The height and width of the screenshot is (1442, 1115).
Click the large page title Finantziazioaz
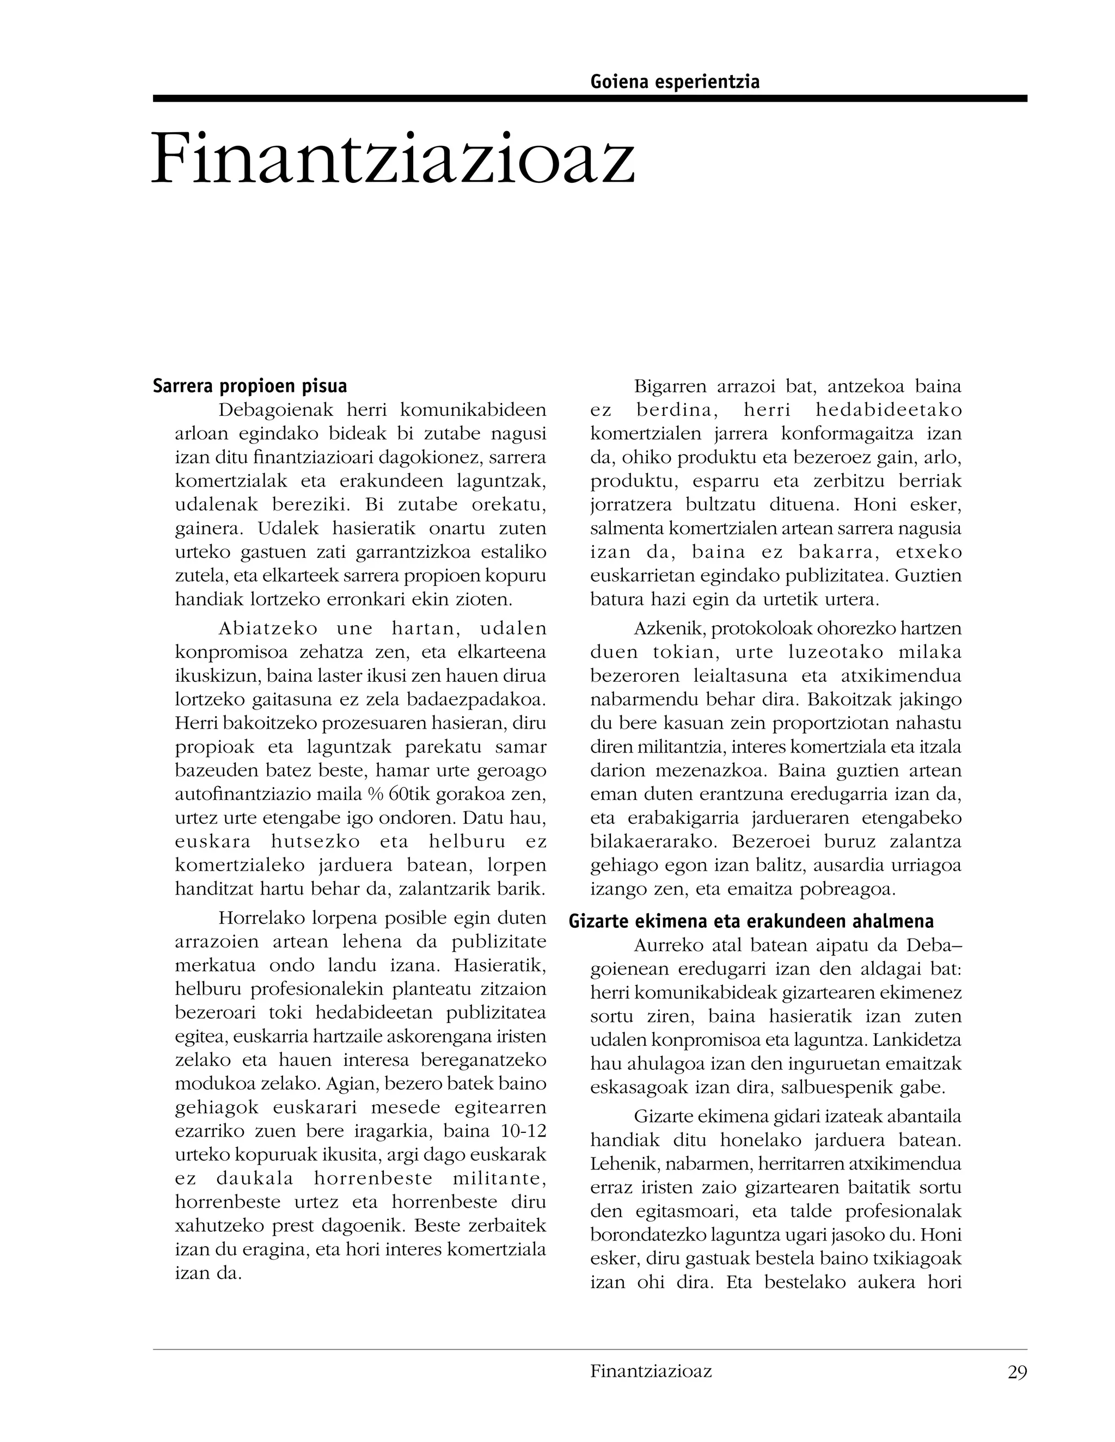coord(393,158)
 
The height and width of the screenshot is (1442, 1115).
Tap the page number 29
coord(1017,1373)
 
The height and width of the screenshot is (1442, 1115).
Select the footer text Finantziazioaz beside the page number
coord(651,1371)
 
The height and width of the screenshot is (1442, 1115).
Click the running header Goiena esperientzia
coord(675,82)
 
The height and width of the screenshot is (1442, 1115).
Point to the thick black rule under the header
coord(589,98)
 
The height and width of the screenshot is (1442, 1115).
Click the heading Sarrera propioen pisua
coord(250,386)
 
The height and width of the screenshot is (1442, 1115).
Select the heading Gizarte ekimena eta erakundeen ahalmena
coord(751,921)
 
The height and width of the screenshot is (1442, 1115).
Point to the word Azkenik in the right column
coord(663,628)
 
